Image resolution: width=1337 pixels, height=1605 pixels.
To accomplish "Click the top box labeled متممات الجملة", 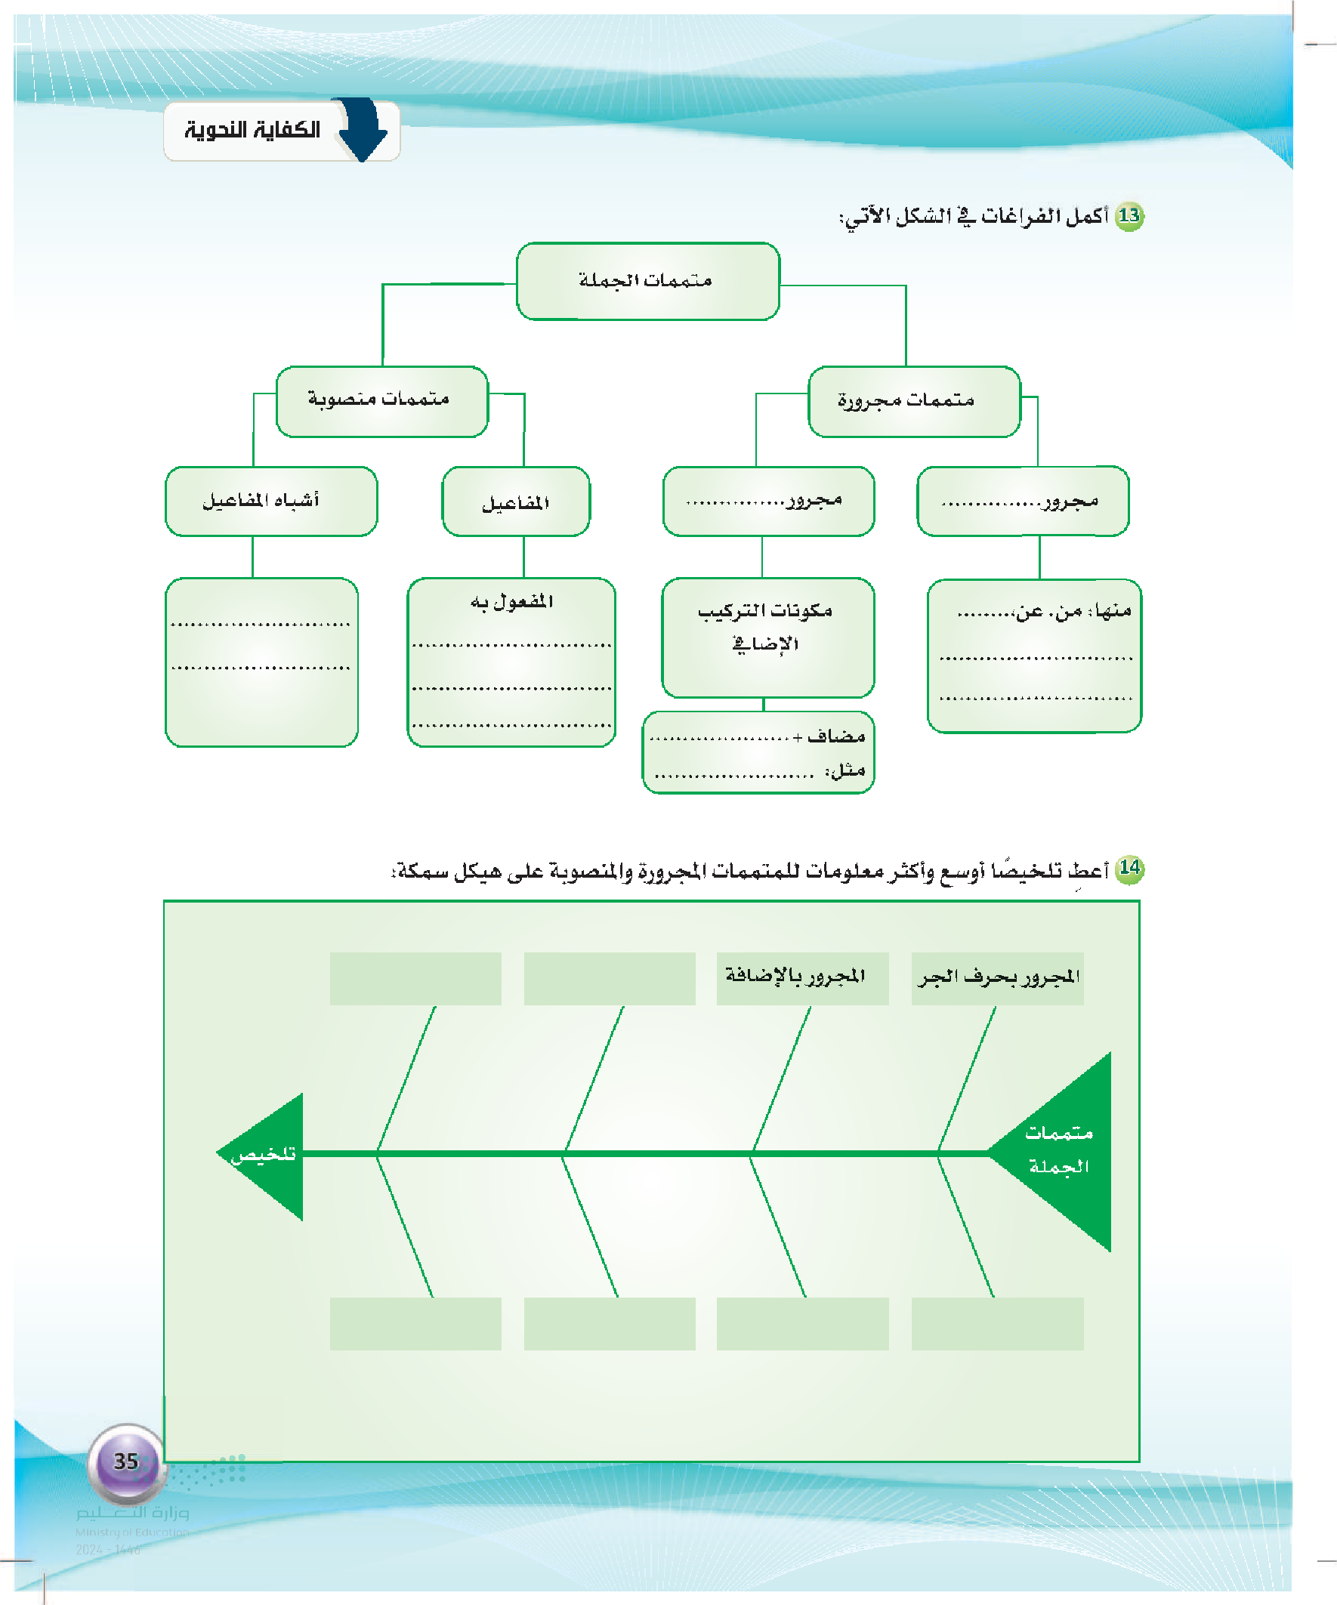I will [x=647, y=281].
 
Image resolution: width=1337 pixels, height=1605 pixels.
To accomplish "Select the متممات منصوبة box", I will [x=381, y=400].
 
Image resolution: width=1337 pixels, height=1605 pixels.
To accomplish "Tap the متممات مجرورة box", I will [x=913, y=401].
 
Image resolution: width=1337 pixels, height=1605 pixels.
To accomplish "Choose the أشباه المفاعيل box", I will [x=270, y=502].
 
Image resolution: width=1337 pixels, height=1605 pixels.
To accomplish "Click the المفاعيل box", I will [x=516, y=502].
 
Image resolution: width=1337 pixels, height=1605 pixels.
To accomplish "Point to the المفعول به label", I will [x=511, y=602].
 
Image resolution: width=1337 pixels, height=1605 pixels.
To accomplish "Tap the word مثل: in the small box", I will [x=846, y=770].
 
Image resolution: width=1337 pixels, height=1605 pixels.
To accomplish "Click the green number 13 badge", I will [x=1129, y=216].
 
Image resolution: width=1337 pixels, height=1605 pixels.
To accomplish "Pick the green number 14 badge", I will [x=1129, y=869].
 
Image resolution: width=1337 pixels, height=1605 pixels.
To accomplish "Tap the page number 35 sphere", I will [x=126, y=1461].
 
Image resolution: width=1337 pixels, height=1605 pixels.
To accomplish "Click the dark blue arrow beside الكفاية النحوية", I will [x=363, y=129].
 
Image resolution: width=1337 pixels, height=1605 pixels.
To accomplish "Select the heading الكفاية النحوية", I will [x=252, y=131].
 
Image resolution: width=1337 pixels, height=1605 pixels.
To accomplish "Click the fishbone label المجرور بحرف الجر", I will [x=999, y=977].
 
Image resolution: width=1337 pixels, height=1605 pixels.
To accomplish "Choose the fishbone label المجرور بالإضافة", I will [x=795, y=976].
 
